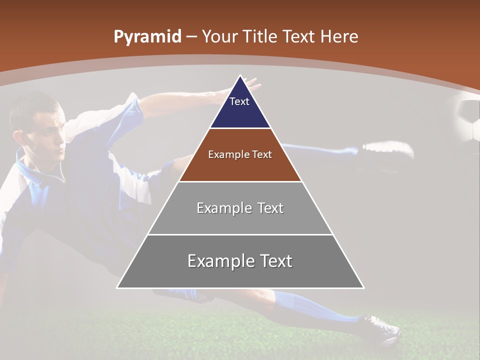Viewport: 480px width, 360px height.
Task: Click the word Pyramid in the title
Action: tap(147, 37)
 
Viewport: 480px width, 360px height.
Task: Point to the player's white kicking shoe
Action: tap(387, 149)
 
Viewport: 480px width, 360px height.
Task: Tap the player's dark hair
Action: tap(32, 107)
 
